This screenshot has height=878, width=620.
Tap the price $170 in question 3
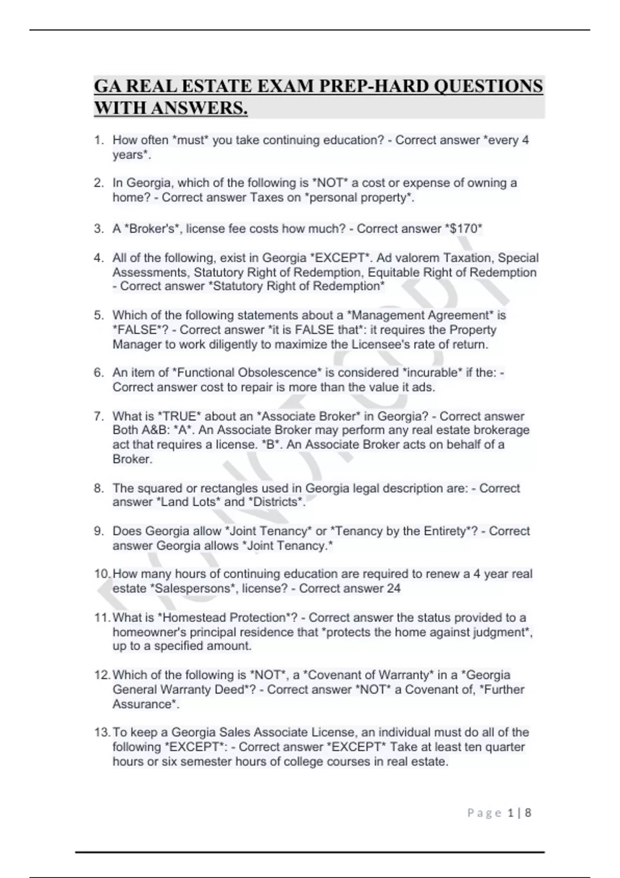click(464, 229)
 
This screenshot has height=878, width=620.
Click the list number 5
click(99, 315)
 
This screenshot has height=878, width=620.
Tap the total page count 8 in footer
click(528, 813)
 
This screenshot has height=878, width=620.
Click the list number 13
click(102, 732)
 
